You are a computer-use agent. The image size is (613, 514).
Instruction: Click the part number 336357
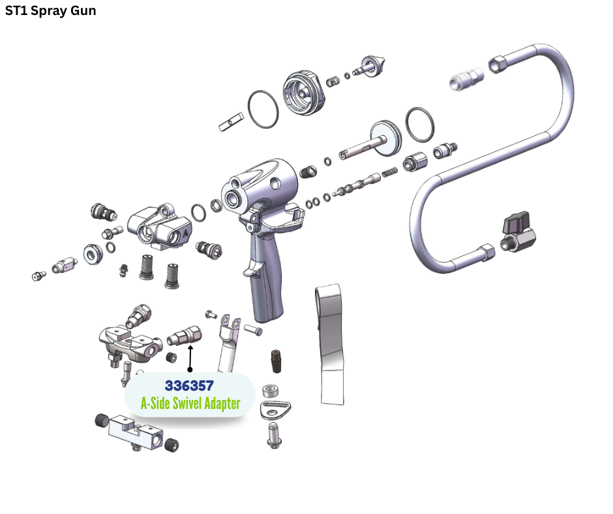pos(189,385)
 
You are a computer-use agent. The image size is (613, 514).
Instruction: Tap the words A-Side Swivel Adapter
pos(190,404)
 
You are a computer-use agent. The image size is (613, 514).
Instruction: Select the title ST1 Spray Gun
pos(50,11)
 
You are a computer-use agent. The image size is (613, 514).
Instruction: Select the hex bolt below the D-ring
pos(274,434)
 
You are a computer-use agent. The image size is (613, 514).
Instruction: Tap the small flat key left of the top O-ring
pos(232,121)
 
